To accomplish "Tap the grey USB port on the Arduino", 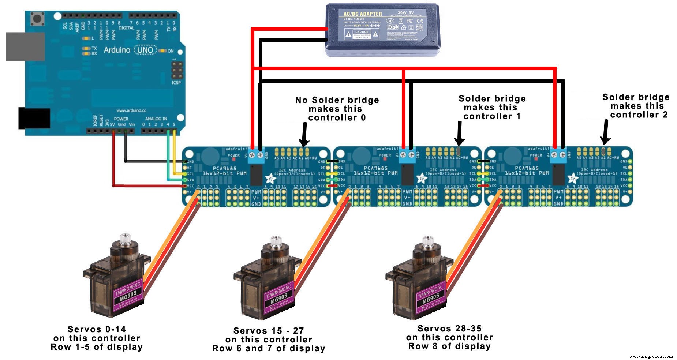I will click(x=25, y=46).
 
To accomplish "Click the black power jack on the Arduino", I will click(x=34, y=118).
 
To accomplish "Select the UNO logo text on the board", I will click(x=145, y=50).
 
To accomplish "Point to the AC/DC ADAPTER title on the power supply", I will click(x=362, y=14).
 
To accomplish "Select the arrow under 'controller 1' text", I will click(x=460, y=133).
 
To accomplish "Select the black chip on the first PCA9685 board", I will click(x=256, y=175).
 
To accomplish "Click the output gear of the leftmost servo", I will click(x=125, y=238).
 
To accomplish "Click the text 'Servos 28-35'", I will click(x=449, y=328).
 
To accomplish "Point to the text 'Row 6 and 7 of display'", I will click(x=269, y=348).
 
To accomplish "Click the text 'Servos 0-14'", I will click(x=97, y=329).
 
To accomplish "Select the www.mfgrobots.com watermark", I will click(x=651, y=356).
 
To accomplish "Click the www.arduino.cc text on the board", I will click(x=131, y=110).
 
